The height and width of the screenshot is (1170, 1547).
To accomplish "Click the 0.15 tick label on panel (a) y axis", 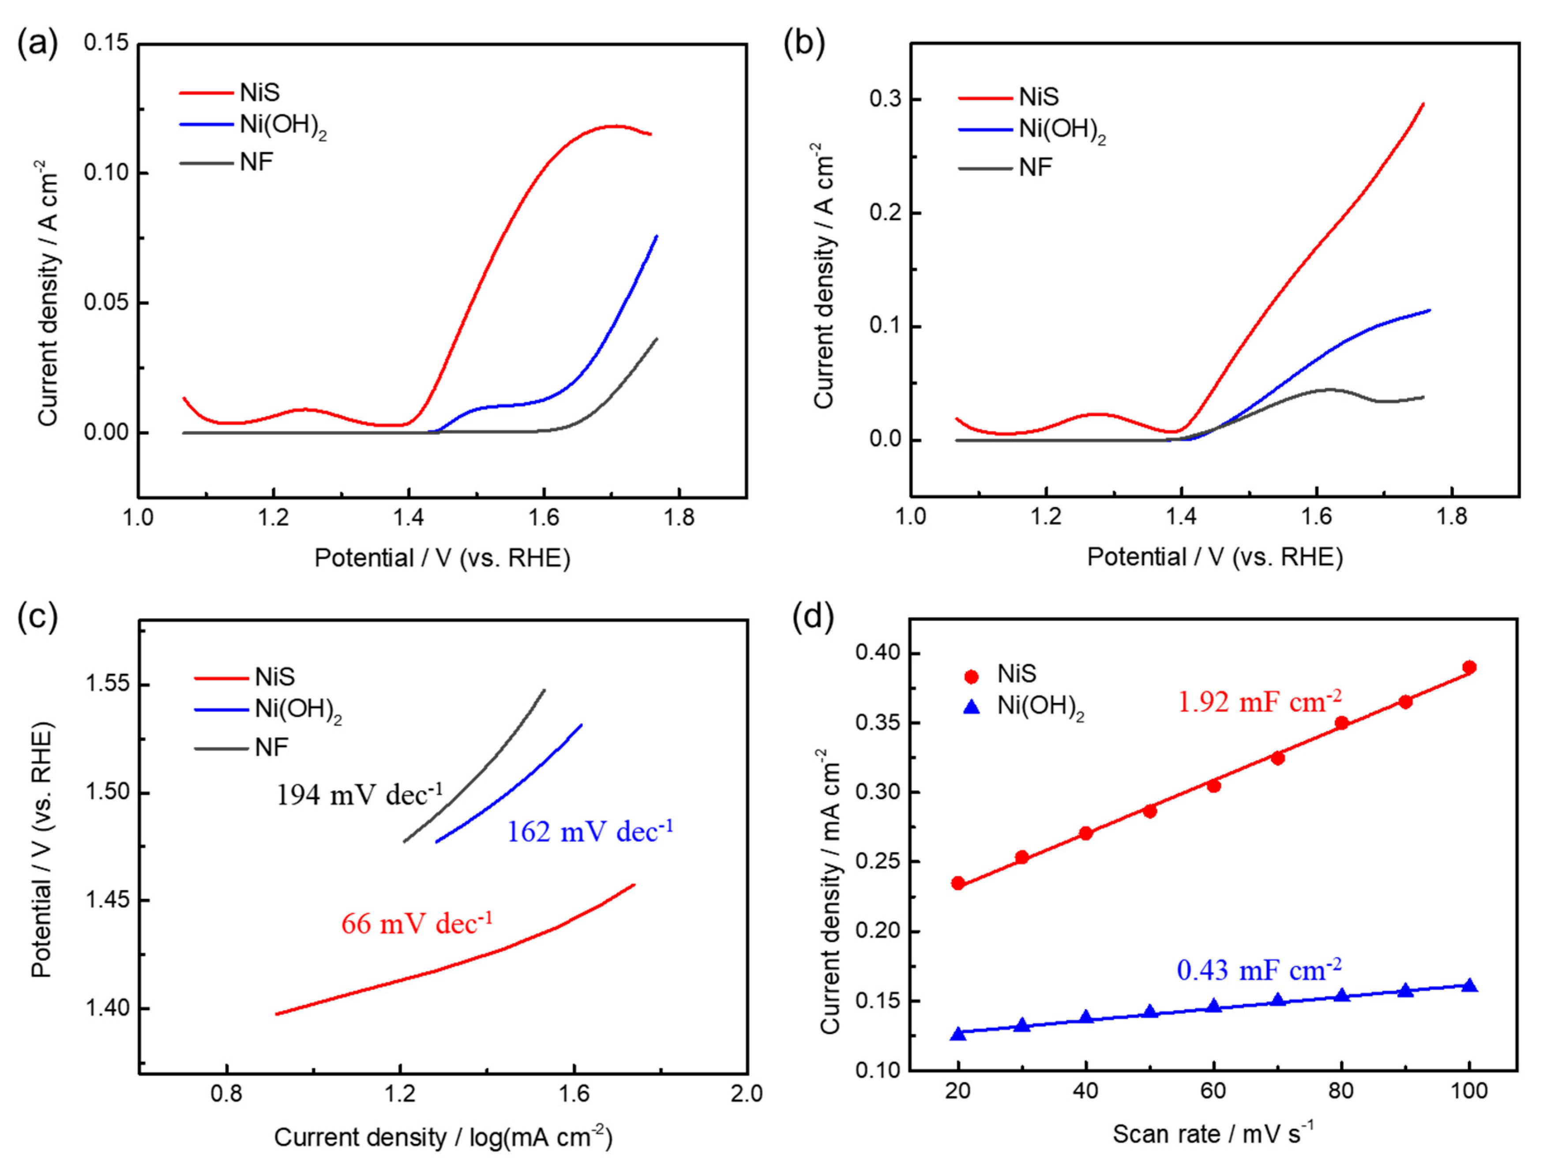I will pos(106,43).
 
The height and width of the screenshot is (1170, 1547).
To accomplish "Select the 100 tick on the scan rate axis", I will pos(1468,1092).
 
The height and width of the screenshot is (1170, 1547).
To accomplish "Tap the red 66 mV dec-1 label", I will pos(417,924).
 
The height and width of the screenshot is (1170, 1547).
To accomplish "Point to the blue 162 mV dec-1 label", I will pos(590,831).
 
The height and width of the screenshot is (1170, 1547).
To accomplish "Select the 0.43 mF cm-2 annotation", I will pos(1259,970).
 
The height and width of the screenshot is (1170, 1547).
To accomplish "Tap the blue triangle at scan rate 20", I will pos(958,1034).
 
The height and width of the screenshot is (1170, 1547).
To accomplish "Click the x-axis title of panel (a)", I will pos(442,558).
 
